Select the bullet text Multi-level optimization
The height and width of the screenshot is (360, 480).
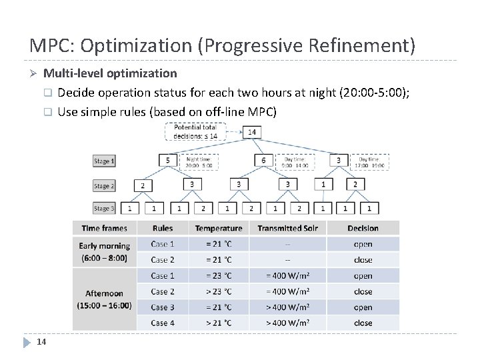(x=110, y=73)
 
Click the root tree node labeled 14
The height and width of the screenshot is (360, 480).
(x=252, y=132)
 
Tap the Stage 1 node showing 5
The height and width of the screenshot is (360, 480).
(x=168, y=161)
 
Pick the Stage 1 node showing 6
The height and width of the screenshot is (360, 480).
(x=263, y=161)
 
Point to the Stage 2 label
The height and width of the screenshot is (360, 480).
(x=104, y=186)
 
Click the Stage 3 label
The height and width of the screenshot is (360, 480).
(x=104, y=209)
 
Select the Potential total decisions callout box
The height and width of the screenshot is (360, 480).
(x=195, y=131)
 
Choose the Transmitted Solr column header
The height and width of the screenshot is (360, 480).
(x=287, y=228)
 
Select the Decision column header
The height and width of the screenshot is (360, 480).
(x=363, y=228)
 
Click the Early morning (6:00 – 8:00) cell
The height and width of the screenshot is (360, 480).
(x=105, y=251)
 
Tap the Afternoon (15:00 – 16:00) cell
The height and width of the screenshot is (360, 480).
(x=105, y=299)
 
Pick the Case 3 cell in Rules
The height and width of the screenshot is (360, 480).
(x=163, y=307)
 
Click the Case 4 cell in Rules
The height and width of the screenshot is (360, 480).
(x=163, y=323)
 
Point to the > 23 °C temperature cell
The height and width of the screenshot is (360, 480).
(x=218, y=291)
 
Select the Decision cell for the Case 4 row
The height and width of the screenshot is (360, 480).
(x=363, y=323)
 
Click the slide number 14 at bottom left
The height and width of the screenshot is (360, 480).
(x=41, y=342)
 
